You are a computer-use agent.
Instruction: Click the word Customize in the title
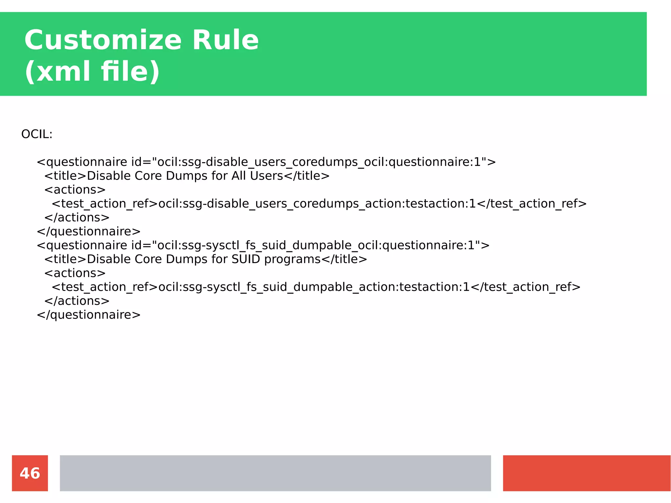tap(103, 40)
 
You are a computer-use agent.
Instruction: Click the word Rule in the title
tap(225, 40)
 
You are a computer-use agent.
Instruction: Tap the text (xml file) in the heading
tap(92, 71)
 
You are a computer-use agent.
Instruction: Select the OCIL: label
tap(37, 134)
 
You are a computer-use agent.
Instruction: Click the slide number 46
tap(30, 473)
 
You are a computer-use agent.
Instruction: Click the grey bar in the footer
tap(275, 473)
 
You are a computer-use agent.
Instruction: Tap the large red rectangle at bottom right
tap(586, 473)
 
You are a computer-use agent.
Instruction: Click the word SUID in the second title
tap(245, 259)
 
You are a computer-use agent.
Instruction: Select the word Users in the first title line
tap(266, 176)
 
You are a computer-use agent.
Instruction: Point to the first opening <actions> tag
tap(75, 190)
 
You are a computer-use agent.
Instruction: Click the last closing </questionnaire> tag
tap(88, 315)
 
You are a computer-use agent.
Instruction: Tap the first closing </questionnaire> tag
tap(88, 232)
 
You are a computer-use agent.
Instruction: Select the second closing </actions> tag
tap(77, 301)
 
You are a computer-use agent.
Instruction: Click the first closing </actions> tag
tap(77, 218)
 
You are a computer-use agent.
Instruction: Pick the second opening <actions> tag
tap(75, 273)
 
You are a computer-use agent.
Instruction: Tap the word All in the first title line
tap(239, 176)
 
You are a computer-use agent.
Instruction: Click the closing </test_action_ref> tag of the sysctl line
tap(526, 287)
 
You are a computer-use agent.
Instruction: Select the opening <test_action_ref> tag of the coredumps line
tap(105, 204)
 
